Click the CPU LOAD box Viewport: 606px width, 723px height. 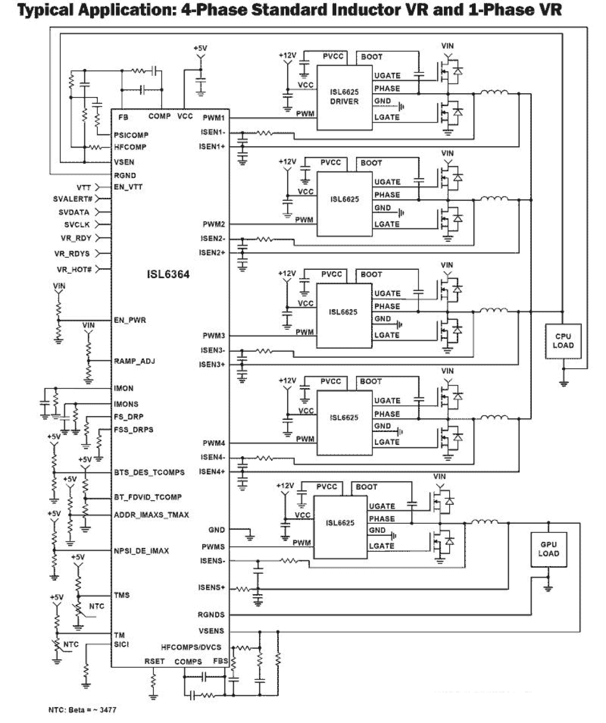tap(563, 341)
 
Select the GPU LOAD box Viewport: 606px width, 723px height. tap(549, 549)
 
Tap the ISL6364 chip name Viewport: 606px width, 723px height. tap(168, 275)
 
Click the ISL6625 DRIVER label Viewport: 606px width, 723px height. tap(344, 97)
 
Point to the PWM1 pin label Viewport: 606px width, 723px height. tap(213, 118)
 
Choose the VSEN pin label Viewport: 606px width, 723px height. tap(124, 162)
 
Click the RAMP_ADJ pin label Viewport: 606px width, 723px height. tap(134, 361)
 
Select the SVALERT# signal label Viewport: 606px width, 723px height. tap(72, 199)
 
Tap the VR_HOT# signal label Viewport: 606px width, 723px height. tap(74, 269)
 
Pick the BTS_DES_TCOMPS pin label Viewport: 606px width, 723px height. tap(149, 473)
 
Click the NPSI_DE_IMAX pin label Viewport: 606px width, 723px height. tap(141, 551)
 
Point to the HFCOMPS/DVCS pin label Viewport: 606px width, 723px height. tap(191, 647)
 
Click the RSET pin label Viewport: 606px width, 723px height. tap(154, 661)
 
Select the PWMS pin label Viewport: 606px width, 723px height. tap(213, 547)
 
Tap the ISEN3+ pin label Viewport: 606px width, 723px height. tap(212, 364)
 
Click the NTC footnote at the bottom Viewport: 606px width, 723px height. tap(83, 709)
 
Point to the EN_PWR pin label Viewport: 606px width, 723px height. tap(130, 320)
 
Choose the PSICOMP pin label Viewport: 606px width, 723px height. tap(131, 135)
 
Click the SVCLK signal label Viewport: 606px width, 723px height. tap(77, 225)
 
